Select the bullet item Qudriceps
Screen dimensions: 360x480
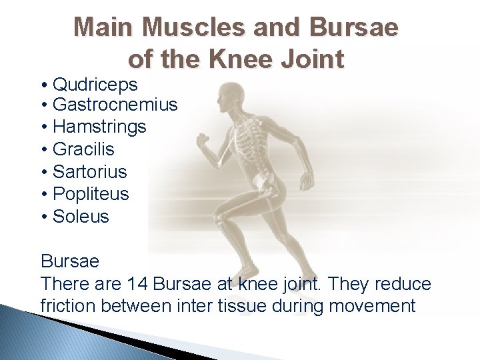95,85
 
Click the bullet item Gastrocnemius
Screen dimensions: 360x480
115,105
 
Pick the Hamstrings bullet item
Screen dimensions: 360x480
99,127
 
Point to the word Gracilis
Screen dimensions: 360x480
83,149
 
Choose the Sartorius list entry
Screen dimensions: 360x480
89,171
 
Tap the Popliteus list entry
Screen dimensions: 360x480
91,194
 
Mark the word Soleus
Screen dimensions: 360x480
81,217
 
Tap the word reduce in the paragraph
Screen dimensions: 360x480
403,284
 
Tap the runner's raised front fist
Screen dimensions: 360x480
202,141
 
